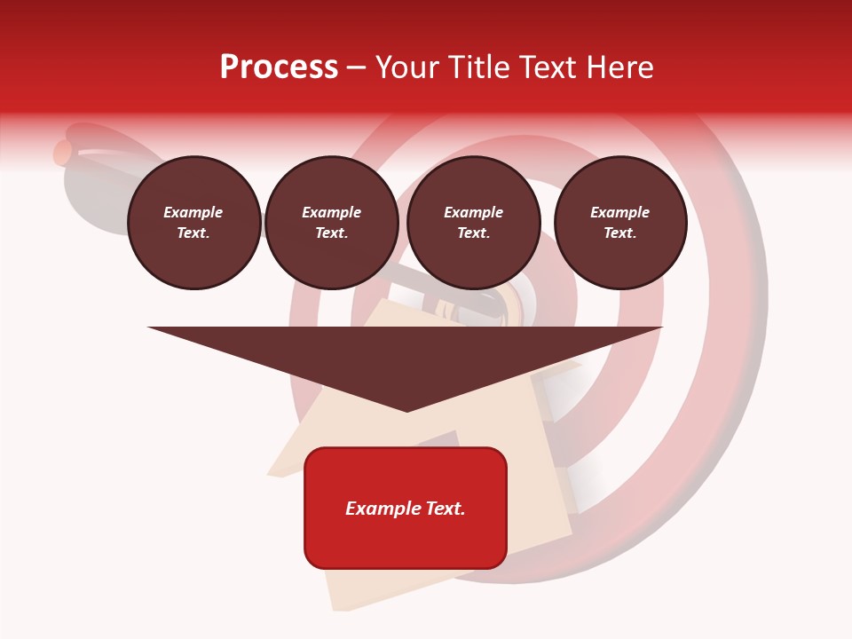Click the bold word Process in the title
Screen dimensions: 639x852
pyautogui.click(x=279, y=67)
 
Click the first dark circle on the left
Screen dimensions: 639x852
pyautogui.click(x=193, y=223)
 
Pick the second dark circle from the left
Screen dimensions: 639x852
pyautogui.click(x=332, y=223)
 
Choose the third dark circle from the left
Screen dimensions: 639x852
pyautogui.click(x=474, y=223)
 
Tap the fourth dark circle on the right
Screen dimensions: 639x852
pyautogui.click(x=620, y=223)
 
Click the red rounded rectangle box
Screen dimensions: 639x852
pyautogui.click(x=406, y=508)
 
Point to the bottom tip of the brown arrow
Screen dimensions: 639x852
pyautogui.click(x=406, y=410)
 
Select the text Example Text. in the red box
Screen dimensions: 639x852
pyautogui.click(x=406, y=509)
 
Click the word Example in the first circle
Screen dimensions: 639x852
pyautogui.click(x=193, y=212)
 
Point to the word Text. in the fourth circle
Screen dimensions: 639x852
pyautogui.click(x=620, y=233)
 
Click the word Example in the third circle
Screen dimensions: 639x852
pyautogui.click(x=474, y=212)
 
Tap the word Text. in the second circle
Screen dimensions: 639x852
pyautogui.click(x=332, y=233)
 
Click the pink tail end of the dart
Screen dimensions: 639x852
pyautogui.click(x=62, y=153)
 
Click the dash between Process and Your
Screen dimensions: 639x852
pyautogui.click(x=356, y=68)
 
